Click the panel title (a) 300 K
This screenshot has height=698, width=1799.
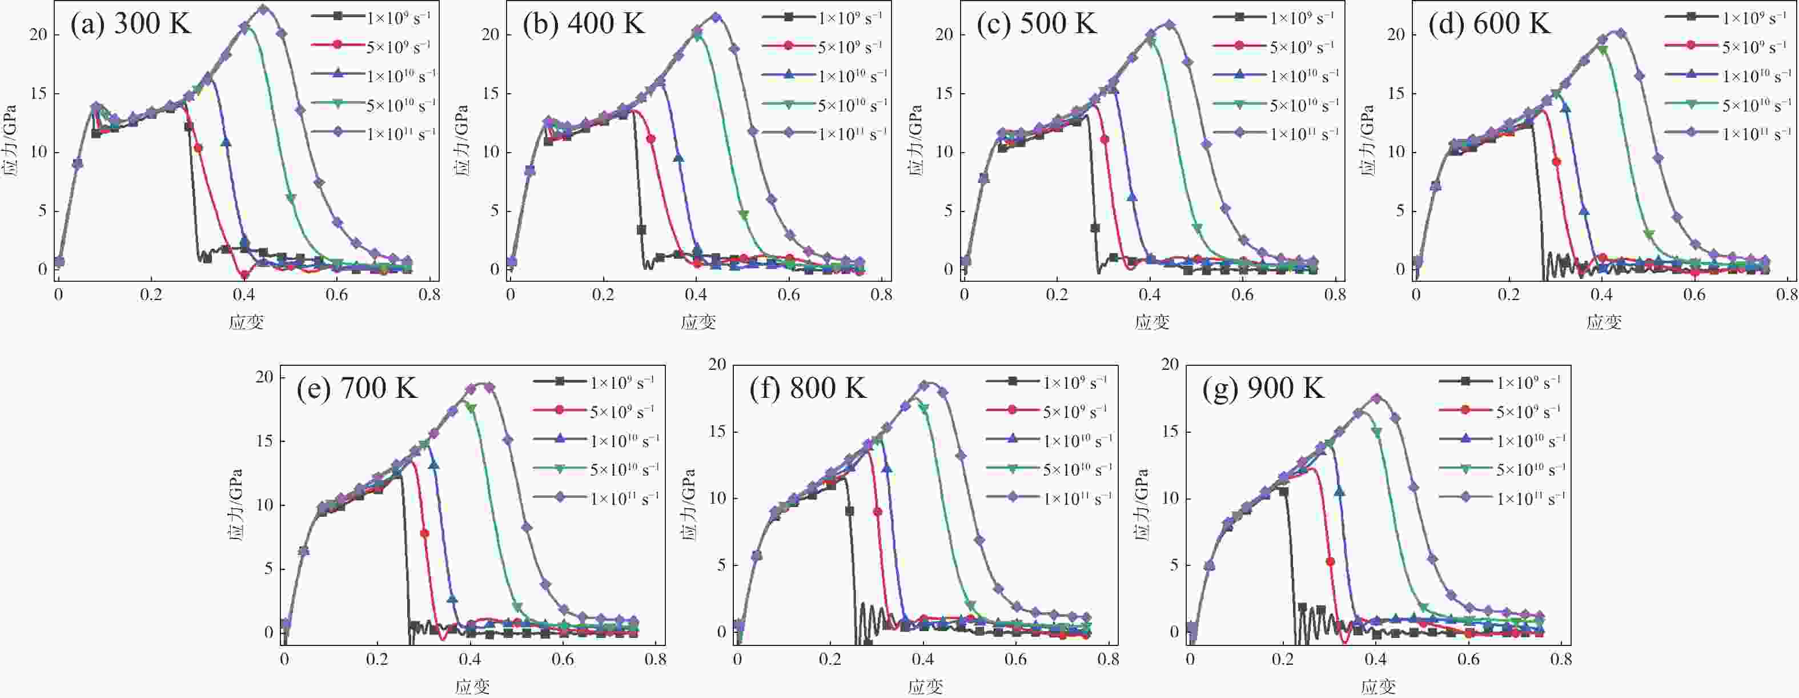[131, 25]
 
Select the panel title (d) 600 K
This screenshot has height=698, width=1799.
[1489, 25]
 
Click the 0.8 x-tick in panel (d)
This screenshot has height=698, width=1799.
[1786, 295]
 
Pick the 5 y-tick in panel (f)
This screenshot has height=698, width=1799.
[721, 565]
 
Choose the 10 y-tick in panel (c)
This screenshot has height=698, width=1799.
[943, 151]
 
